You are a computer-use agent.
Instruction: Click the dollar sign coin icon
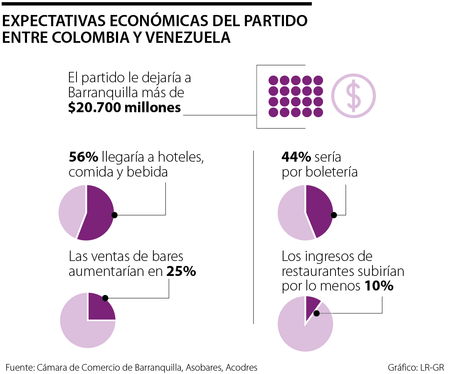[353, 96]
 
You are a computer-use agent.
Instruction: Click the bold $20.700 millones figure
[125, 108]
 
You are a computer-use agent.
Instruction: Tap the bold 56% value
[83, 157]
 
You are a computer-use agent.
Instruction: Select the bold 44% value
[296, 157]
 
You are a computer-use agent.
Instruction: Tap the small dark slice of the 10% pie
[312, 305]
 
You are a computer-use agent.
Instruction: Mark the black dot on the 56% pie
[115, 215]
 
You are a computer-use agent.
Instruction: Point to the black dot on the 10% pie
[317, 314]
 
